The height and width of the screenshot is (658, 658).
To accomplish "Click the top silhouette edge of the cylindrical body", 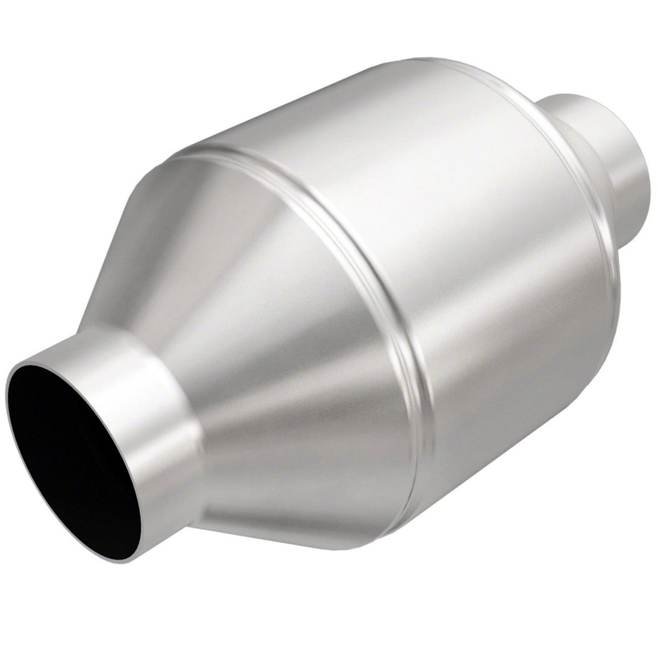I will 308,103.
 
